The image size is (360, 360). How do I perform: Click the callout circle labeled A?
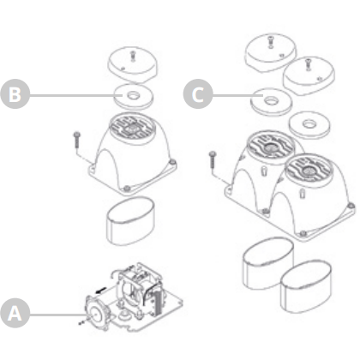click(x=15, y=313)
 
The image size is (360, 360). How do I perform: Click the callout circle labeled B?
click(x=15, y=94)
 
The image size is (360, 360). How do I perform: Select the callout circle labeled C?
click(x=198, y=94)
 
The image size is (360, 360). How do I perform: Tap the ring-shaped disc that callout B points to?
click(x=134, y=97)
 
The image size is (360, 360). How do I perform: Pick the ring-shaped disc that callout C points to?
click(x=271, y=102)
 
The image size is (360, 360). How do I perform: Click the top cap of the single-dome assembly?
click(x=133, y=65)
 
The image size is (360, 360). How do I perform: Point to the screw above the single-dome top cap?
click(x=132, y=56)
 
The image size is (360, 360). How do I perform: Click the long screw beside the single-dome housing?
click(x=77, y=140)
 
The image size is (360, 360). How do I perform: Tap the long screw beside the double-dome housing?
click(x=213, y=159)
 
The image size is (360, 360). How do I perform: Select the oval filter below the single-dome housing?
click(x=131, y=221)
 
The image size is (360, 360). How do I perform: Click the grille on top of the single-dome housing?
click(x=132, y=127)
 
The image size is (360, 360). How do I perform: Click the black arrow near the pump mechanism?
click(x=101, y=291)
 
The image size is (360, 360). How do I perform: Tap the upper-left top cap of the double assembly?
click(x=271, y=52)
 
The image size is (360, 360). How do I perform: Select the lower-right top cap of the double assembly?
click(x=309, y=76)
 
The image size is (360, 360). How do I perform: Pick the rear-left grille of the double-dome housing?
click(x=270, y=147)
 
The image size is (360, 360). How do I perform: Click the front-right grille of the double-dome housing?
click(x=309, y=170)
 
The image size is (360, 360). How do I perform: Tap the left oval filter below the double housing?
click(x=268, y=263)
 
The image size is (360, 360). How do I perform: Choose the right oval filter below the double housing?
click(x=306, y=286)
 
